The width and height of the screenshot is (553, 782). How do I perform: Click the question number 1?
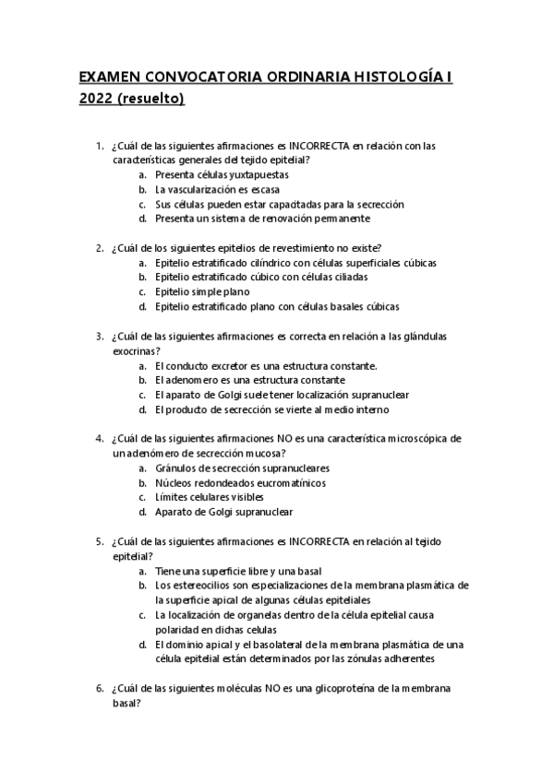coord(99,146)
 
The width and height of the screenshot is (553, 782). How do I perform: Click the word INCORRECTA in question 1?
coord(319,146)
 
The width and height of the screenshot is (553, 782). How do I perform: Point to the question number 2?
coord(99,248)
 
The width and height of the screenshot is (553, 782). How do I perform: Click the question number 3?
coord(99,337)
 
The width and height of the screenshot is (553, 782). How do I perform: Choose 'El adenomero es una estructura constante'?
coord(250,380)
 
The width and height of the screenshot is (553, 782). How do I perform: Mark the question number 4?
coord(99,439)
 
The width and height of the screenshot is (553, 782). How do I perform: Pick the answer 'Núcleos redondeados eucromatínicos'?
coord(240,482)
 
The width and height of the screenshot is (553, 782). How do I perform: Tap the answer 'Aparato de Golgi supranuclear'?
coord(224,512)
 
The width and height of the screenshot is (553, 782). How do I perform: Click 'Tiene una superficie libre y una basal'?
coord(238,571)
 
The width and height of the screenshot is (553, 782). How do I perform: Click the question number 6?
coord(99,688)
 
